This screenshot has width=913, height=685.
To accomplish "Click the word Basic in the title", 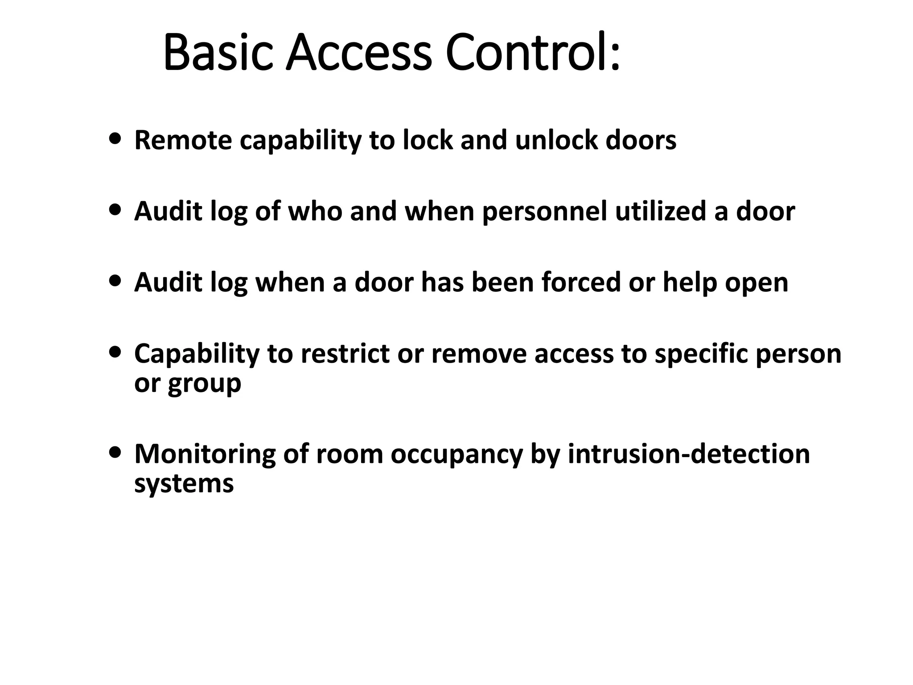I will pyautogui.click(x=218, y=53).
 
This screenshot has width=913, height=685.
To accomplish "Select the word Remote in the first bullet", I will pyautogui.click(x=183, y=140).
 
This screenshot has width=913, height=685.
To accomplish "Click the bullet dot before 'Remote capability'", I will pyautogui.click(x=115, y=139).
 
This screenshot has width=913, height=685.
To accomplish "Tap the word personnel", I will pyautogui.click(x=544, y=211).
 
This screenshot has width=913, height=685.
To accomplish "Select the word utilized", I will pyautogui.click(x=660, y=211).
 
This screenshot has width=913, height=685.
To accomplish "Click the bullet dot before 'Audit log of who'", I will pyautogui.click(x=115, y=210).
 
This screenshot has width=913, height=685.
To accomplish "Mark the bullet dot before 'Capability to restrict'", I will pyautogui.click(x=115, y=352).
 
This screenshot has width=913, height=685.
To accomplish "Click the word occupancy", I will pyautogui.click(x=456, y=454).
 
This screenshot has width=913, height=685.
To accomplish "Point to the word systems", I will pyautogui.click(x=184, y=483).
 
